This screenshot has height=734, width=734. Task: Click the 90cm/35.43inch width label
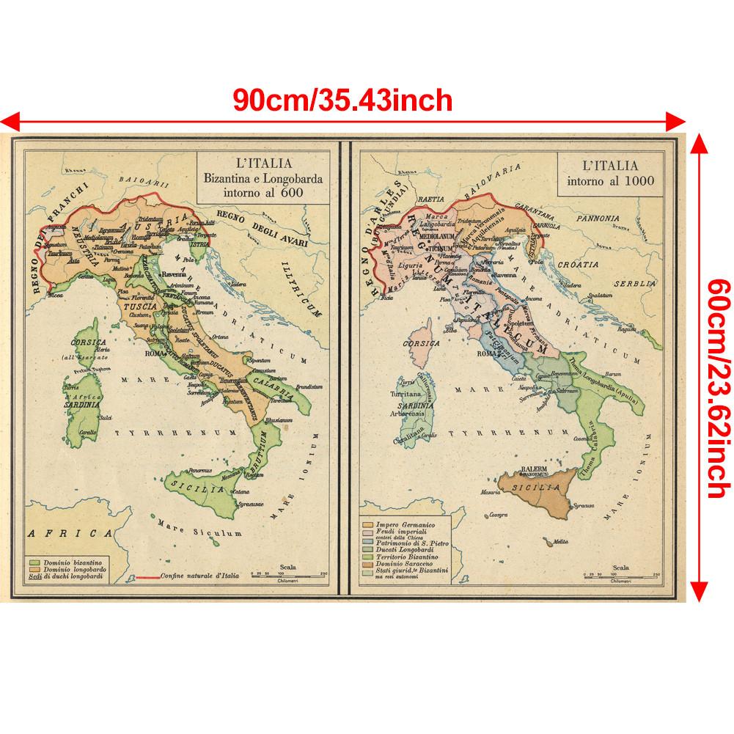(342, 99)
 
